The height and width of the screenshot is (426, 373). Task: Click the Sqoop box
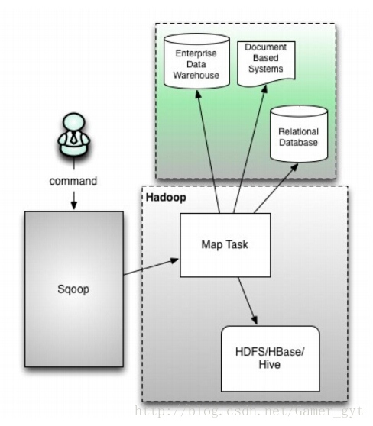(73, 291)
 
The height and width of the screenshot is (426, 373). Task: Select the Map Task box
(224, 244)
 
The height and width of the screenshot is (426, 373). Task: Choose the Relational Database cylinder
(298, 136)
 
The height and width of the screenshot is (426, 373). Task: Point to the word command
(73, 182)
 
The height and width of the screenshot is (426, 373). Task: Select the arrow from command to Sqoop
(73, 199)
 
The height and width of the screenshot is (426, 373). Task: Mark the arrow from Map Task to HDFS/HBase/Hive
(248, 300)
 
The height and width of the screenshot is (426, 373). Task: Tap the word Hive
(268, 366)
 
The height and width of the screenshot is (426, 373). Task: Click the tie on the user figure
(73, 140)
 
